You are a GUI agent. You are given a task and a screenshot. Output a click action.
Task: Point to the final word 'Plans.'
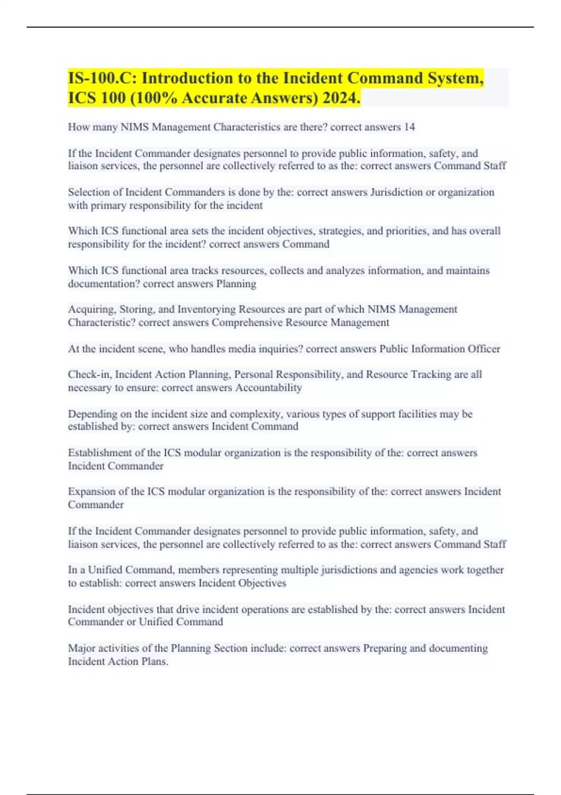click(154, 662)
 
